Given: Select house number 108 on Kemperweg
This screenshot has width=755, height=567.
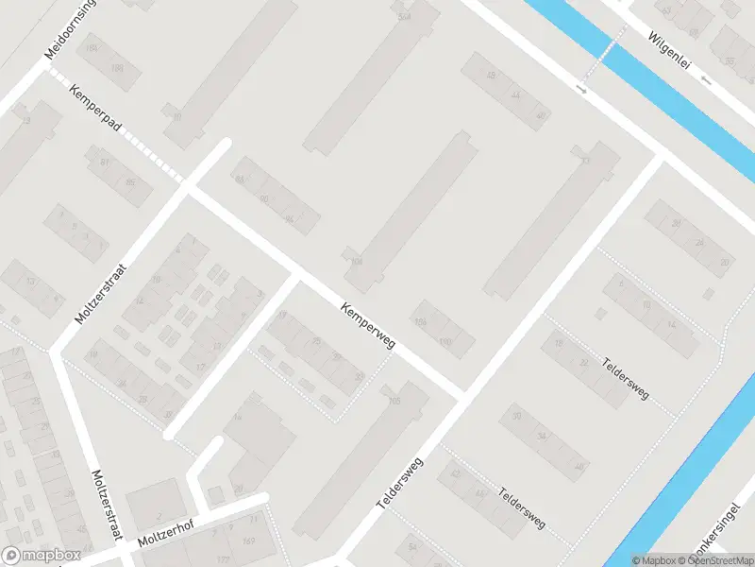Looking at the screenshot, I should pos(356,262).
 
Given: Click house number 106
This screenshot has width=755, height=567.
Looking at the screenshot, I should pos(420,322).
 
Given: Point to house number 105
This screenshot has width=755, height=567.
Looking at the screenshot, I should pos(394,402).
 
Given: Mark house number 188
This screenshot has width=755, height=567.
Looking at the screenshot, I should pos(118,67).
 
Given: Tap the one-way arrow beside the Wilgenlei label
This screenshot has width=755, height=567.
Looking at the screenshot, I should pos(708,82).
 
